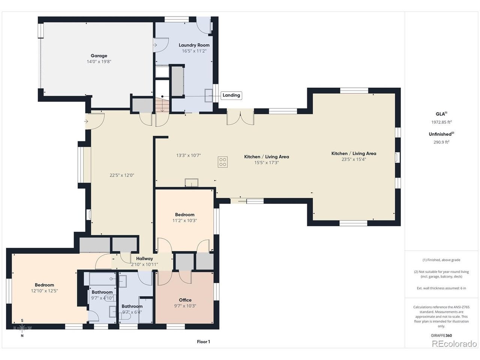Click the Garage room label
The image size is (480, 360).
99,56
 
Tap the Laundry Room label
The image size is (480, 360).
194,45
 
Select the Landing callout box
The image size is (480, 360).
231,95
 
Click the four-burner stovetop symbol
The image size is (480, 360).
223,162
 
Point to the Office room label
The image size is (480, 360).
185,300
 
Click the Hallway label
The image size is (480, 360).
144,259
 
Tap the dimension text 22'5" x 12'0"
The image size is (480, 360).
122,175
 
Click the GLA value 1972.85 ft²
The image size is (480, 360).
441,122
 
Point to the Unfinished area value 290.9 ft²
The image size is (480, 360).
441,142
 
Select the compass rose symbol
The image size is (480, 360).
22,328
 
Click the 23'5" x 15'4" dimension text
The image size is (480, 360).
354,159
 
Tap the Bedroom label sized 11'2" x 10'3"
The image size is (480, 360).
184,214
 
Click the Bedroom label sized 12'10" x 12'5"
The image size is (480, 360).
44,285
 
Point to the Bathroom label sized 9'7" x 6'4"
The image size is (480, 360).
132,306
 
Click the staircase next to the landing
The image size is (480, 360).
162,105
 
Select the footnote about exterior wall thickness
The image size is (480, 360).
441,288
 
